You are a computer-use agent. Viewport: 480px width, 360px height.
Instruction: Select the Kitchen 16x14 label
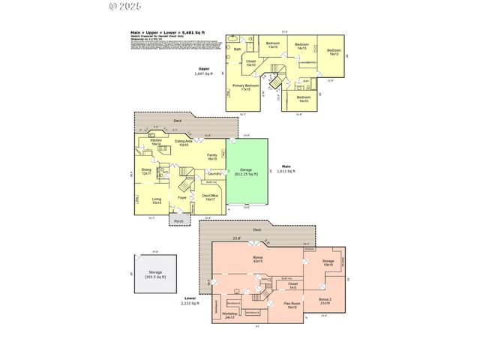click(156, 142)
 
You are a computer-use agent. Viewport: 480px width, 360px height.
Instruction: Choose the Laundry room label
click(204, 174)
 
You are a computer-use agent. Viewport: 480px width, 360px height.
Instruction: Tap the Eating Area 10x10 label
click(184, 142)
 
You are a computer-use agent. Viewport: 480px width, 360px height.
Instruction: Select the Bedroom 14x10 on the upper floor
click(302, 98)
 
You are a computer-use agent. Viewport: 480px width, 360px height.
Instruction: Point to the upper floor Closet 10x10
click(250, 63)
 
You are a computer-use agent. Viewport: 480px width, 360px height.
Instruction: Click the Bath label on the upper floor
click(238, 49)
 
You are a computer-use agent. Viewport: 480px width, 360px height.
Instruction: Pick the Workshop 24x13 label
click(229, 315)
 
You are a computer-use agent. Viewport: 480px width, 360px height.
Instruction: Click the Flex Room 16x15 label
click(290, 306)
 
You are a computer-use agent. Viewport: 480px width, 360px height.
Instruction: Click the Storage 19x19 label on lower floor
click(328, 263)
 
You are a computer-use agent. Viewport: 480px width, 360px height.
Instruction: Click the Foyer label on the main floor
click(182, 199)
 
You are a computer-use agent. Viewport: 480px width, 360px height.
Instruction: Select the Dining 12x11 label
click(146, 172)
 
